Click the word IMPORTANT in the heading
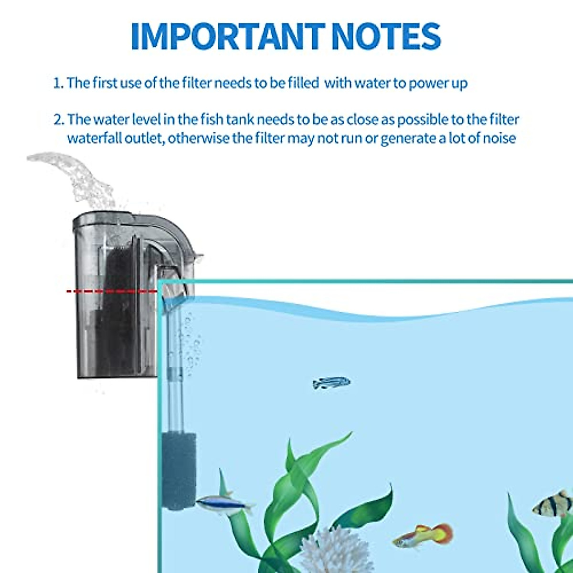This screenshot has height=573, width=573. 227,36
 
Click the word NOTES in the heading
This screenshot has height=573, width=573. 386,36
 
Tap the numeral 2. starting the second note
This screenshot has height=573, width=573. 58,119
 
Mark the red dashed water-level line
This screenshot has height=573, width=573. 112,291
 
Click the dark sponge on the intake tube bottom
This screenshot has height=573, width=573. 179,470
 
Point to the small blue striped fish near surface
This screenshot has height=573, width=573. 331,382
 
